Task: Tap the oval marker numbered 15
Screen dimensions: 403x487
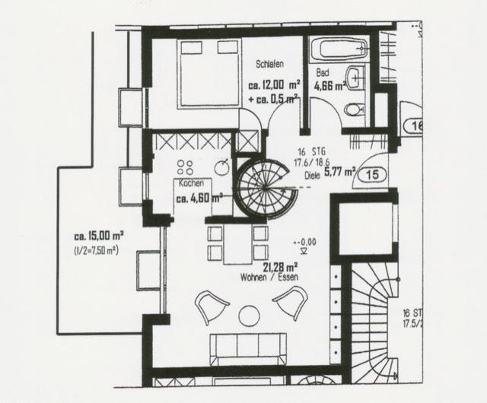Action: [x=372, y=174]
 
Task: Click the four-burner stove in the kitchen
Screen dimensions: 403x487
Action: [x=185, y=167]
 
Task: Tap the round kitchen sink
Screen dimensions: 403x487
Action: [x=221, y=167]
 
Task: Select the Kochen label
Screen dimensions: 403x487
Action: [x=191, y=185]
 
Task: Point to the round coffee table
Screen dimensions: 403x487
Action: [x=249, y=314]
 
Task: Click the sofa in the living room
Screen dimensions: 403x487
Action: [x=249, y=349]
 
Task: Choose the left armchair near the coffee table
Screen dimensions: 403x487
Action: [x=210, y=308]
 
